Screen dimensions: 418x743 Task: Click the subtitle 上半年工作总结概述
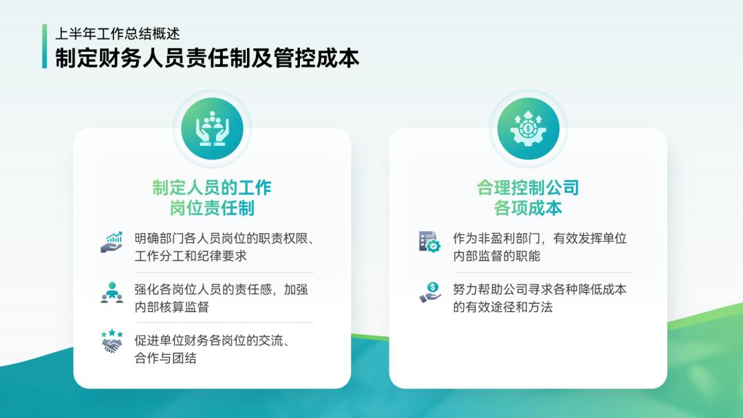click(118, 34)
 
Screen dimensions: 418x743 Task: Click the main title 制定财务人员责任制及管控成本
click(206, 58)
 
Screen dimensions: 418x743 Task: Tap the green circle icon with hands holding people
click(212, 129)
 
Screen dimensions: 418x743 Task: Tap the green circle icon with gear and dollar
click(528, 129)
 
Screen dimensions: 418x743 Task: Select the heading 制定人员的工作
click(212, 188)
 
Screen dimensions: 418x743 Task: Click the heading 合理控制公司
click(528, 188)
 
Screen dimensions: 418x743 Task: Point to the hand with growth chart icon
click(111, 242)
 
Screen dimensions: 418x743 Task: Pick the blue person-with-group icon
click(111, 292)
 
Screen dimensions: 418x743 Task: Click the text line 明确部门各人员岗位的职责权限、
click(224, 239)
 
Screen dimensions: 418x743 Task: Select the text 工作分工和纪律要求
click(191, 256)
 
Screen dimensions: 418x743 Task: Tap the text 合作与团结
click(165, 358)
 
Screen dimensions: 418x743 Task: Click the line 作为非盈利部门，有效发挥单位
click(539, 239)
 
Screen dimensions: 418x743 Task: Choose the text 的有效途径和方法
click(502, 307)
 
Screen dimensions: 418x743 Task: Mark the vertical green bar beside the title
click(45, 47)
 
